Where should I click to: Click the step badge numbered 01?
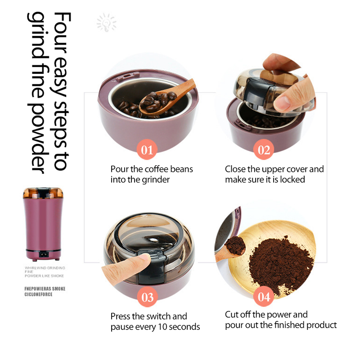[147, 149]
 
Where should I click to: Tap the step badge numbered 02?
[264, 149]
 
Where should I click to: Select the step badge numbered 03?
[147, 297]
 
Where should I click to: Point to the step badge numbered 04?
[264, 296]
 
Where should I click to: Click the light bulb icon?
[106, 22]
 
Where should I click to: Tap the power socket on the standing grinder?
[43, 254]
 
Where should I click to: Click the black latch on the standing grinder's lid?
[43, 193]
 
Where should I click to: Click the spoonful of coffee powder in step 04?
[235, 246]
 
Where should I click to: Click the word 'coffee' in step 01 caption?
[156, 169]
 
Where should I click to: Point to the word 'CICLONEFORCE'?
[38, 294]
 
